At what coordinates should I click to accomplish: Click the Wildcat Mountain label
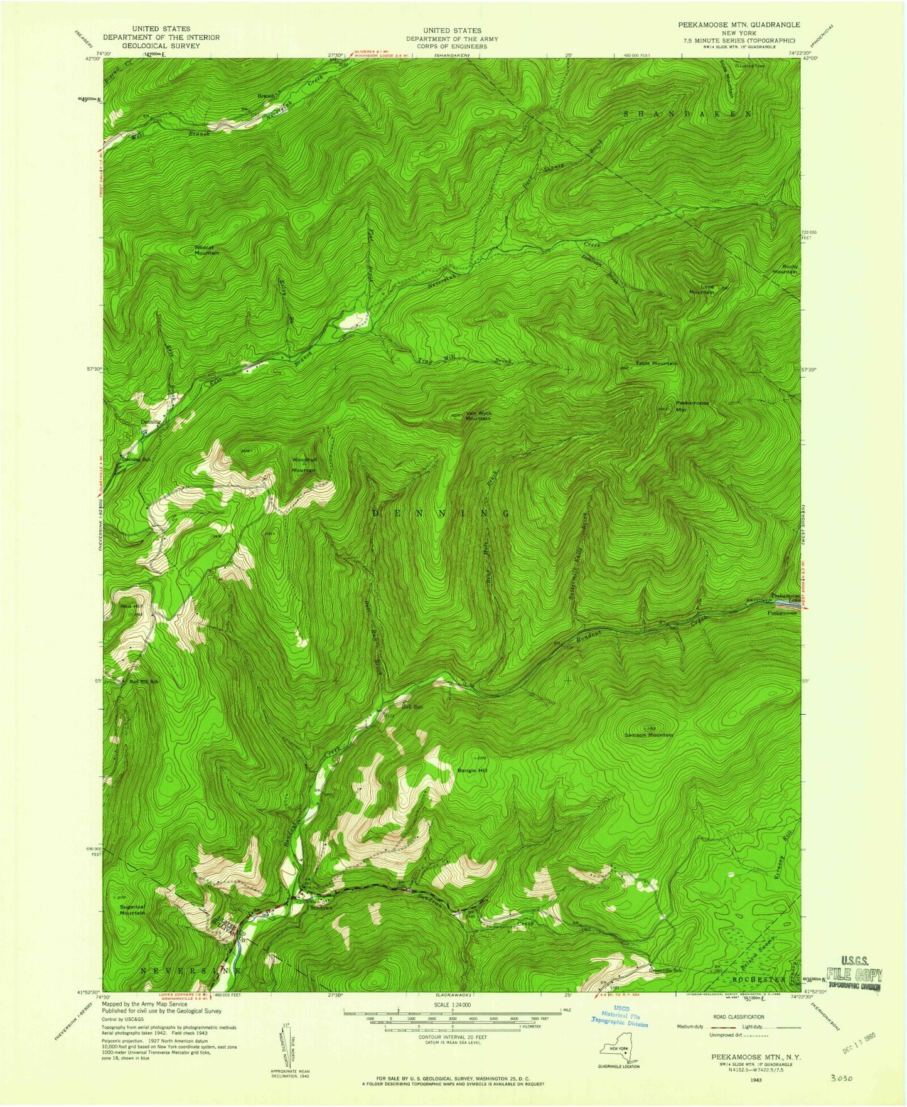coord(207,250)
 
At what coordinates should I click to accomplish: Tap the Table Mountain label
coord(657,363)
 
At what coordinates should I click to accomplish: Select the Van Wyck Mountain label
coord(478,415)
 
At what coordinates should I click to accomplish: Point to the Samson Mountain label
coord(648,735)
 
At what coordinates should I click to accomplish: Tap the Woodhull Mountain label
coord(304,464)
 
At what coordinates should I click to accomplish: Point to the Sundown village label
coord(320,908)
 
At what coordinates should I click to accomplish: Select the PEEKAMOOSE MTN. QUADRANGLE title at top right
coord(739,24)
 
